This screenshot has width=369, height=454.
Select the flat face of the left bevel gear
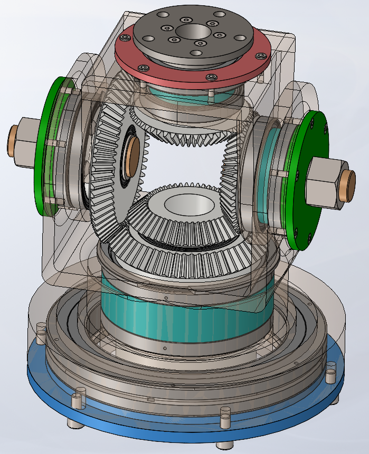113,174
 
